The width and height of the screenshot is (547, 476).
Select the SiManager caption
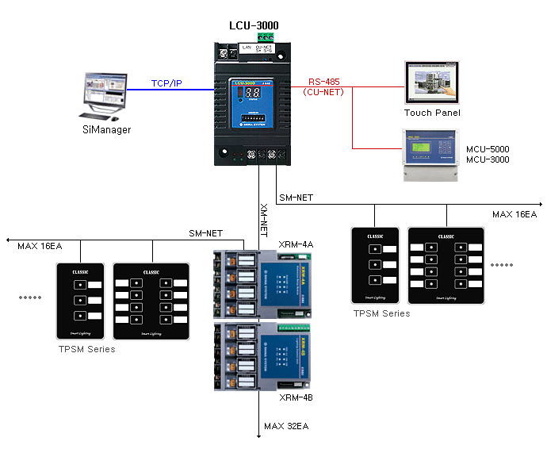106,129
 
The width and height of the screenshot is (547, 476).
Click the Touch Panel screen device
432,82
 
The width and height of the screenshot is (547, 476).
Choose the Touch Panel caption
432,113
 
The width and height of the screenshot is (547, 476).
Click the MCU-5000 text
488,149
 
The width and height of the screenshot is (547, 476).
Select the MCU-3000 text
488,159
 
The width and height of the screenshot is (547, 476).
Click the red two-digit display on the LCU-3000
242,92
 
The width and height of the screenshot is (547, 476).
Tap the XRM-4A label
296,244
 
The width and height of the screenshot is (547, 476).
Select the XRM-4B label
296,397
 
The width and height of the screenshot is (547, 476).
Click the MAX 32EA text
286,426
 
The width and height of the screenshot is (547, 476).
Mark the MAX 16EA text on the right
514,214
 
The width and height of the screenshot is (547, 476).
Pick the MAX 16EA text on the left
40,246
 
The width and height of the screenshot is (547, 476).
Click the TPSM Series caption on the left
86,349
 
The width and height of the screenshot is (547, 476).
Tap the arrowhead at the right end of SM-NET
540,204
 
